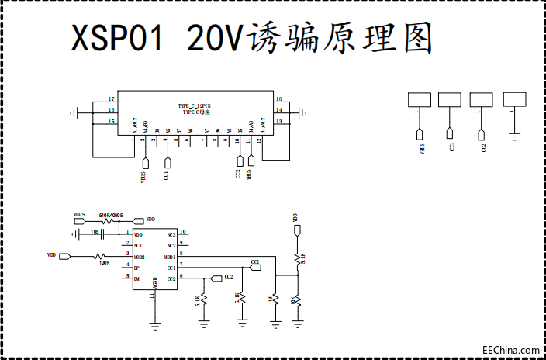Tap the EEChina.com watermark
point(511,350)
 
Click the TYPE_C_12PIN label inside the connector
point(195,106)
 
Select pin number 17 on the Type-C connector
point(112,100)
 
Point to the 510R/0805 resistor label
point(110,215)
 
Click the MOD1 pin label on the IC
point(170,256)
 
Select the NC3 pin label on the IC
point(171,234)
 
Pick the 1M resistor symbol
point(275,299)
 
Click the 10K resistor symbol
point(297,299)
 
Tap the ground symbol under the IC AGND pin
point(155,324)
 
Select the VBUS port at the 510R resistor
point(80,221)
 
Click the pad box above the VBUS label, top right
point(420,99)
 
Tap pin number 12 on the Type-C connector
point(259,141)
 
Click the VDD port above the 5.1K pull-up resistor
point(296,230)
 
